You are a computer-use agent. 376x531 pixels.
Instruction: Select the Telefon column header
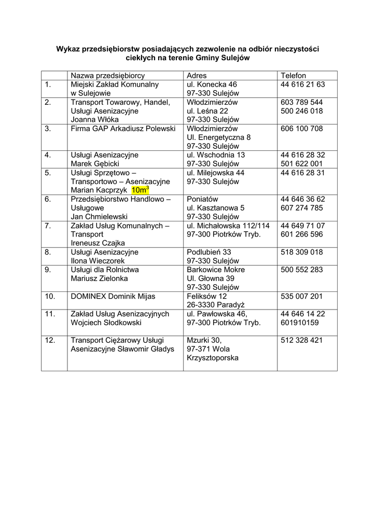click(294, 75)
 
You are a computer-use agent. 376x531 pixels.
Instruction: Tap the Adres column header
click(197, 75)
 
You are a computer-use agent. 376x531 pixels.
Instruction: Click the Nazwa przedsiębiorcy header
click(108, 75)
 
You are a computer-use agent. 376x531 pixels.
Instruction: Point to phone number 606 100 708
click(302, 128)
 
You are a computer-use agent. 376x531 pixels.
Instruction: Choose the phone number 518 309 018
click(302, 252)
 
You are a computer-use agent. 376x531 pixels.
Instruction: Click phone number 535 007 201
click(302, 296)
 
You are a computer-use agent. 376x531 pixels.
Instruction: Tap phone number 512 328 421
click(302, 340)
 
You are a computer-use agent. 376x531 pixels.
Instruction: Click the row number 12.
click(50, 340)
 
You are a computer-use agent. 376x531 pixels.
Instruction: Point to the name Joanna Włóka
click(95, 119)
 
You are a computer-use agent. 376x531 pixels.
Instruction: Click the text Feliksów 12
click(207, 296)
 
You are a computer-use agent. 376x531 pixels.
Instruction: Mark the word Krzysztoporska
click(213, 358)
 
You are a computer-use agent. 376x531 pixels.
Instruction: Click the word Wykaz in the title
click(68, 49)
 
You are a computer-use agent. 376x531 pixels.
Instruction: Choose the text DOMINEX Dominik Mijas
click(113, 296)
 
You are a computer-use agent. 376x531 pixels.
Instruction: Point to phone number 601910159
click(300, 323)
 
